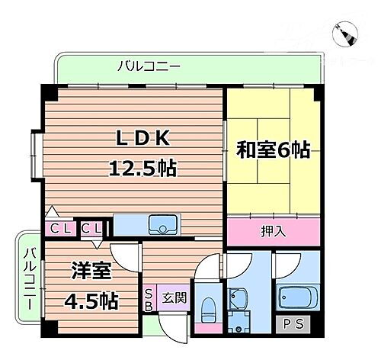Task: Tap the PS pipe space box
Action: tap(292, 323)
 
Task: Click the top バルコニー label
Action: tap(149, 66)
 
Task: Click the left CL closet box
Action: tap(58, 227)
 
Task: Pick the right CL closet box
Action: tap(90, 227)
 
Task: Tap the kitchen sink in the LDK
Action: tap(163, 225)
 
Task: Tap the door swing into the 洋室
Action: tap(124, 256)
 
